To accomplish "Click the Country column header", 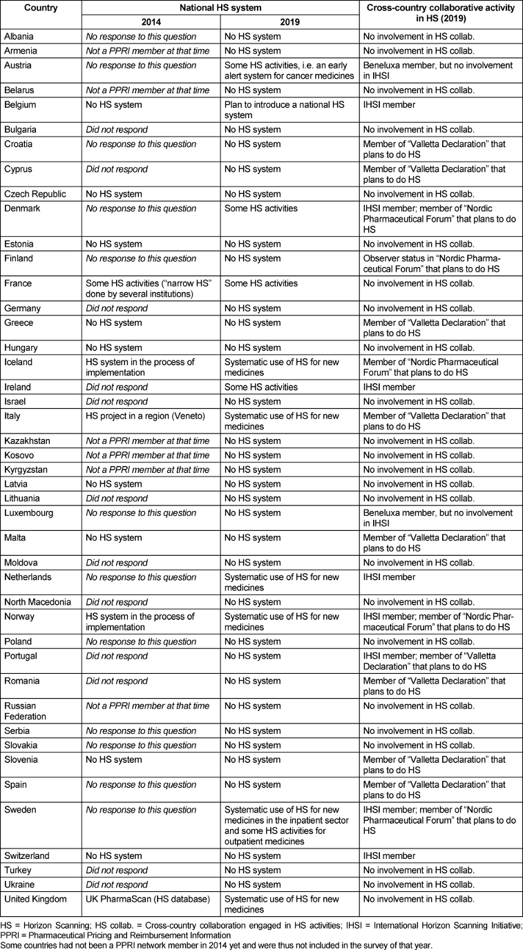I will click(x=41, y=8).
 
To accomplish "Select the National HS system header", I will click(x=220, y=8).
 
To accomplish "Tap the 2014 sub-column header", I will click(x=151, y=22).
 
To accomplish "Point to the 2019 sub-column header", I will click(x=290, y=22).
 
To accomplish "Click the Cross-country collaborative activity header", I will click(x=440, y=14).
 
